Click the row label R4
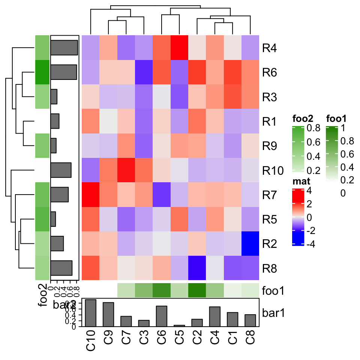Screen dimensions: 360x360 (270, 48)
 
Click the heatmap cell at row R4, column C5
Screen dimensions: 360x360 (180, 47)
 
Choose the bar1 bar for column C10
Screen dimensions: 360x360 (91, 313)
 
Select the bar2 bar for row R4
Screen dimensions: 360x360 (64, 48)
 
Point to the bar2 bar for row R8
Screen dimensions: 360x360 (61, 268)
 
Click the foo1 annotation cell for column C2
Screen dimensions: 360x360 (198, 290)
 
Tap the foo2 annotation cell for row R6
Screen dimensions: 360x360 (42, 72)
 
